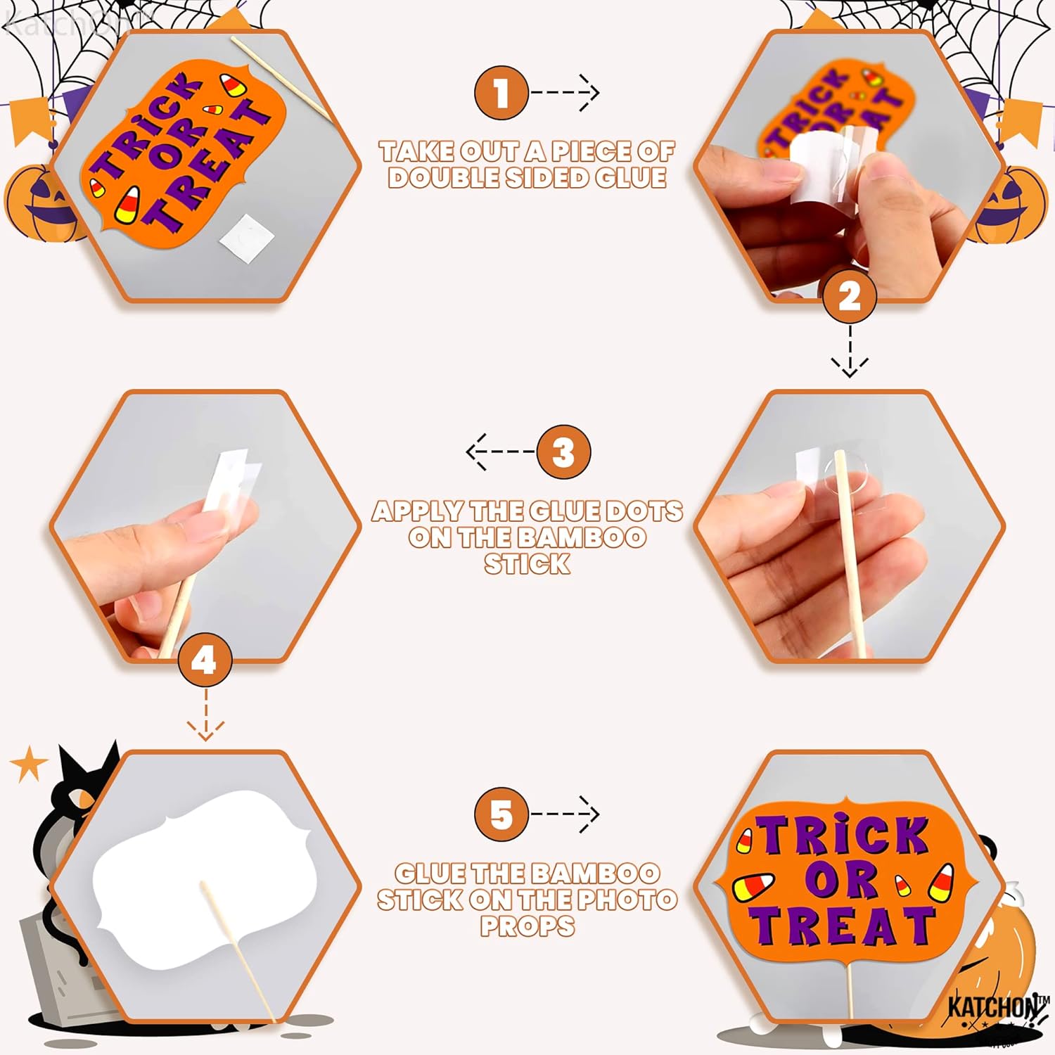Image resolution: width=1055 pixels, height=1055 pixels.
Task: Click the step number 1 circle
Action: tap(501, 93)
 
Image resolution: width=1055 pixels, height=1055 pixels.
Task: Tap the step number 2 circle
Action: tap(850, 296)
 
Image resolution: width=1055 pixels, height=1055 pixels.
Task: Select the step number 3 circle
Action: tap(563, 452)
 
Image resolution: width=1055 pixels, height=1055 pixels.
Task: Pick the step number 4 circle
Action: tap(205, 660)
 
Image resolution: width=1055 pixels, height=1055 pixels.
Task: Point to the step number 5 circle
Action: tap(501, 814)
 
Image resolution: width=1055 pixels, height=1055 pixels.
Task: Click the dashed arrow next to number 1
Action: tap(565, 92)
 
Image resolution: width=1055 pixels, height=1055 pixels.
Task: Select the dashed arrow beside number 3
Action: tap(500, 451)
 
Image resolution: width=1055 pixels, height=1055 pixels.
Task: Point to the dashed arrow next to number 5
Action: tap(565, 814)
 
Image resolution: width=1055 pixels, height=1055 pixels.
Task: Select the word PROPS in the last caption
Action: tap(527, 926)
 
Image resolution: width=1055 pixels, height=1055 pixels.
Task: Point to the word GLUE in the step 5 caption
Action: tap(430, 874)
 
